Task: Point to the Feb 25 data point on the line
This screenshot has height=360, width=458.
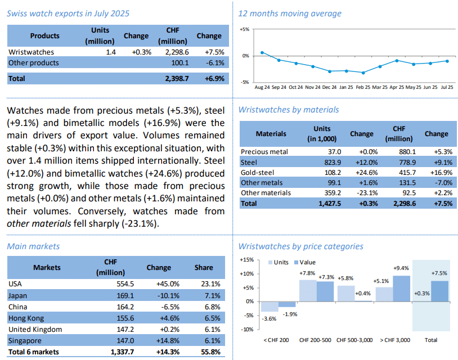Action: pos(363,73)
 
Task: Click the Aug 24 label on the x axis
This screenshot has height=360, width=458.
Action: pos(262,88)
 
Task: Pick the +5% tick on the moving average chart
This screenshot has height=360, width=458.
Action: pos(244,29)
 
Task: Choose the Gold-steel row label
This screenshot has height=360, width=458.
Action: pos(258,172)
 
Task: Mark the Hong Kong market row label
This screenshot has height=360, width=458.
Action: pos(26,318)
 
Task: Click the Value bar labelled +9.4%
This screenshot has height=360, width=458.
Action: pos(402,289)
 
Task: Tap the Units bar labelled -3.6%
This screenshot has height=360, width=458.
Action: pos(270,307)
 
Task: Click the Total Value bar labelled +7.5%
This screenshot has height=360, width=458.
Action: pos(439,291)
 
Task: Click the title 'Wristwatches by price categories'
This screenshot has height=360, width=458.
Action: pos(300,246)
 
